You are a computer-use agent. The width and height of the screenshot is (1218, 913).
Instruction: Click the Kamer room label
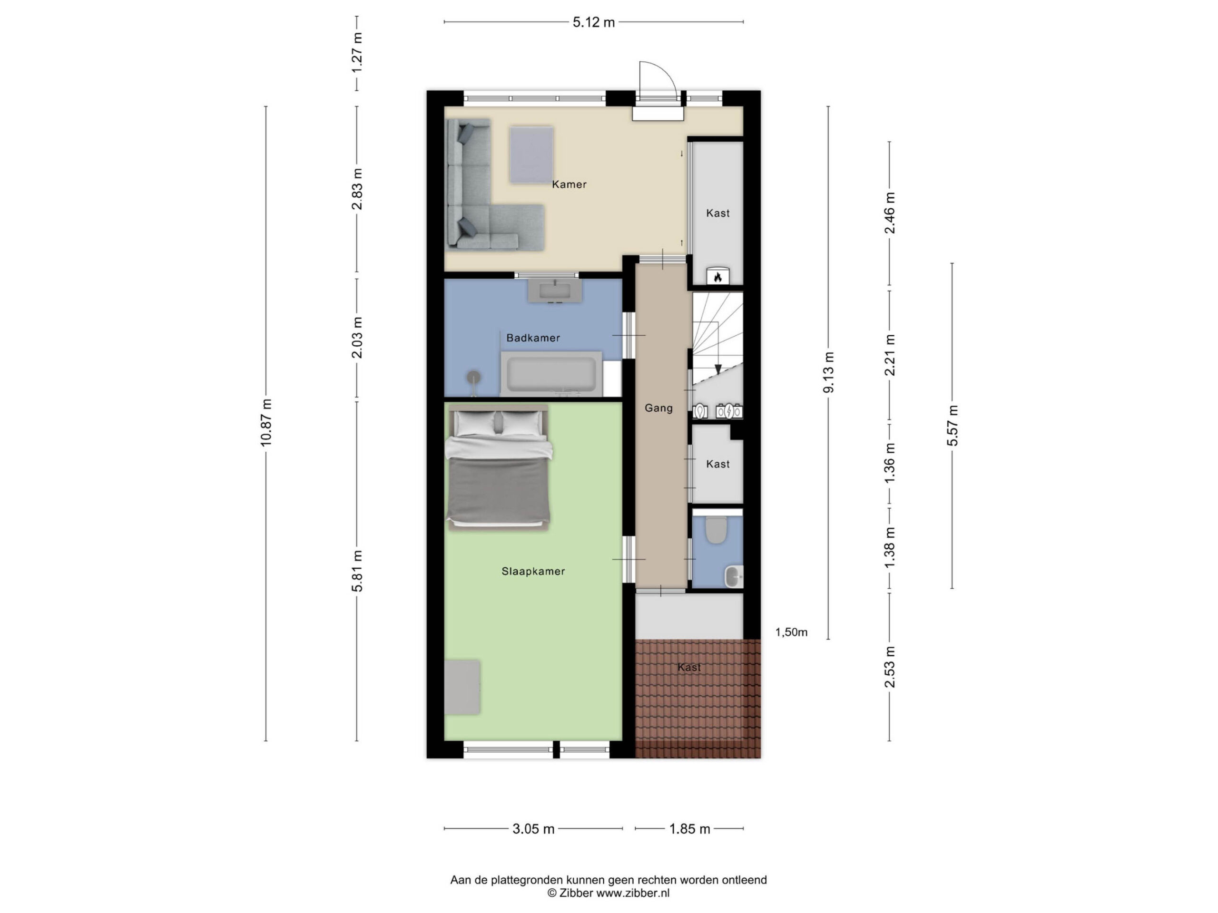point(570,185)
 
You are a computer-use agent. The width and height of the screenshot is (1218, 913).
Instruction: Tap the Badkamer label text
point(533,338)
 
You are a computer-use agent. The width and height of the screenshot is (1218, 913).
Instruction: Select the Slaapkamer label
point(533,571)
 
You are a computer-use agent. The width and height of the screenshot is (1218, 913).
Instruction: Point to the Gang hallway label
point(658,408)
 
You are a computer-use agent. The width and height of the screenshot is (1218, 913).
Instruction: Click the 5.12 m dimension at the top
point(594,22)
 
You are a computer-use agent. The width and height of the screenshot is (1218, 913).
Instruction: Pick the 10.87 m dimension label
point(266,423)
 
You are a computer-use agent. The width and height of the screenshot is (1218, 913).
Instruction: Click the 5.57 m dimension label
point(952,426)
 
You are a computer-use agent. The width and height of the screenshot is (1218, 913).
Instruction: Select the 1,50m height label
point(791,632)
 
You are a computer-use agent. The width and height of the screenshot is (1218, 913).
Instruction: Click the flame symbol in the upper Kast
point(717,277)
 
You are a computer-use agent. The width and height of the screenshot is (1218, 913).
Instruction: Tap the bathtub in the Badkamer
point(551,374)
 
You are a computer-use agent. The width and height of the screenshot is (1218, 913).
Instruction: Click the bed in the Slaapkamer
point(499,467)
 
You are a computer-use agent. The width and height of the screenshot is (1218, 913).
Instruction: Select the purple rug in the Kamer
point(531,155)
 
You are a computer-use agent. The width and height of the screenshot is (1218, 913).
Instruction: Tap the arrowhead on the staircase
point(717,369)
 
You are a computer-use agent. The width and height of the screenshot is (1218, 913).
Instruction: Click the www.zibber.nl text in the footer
point(633,893)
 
